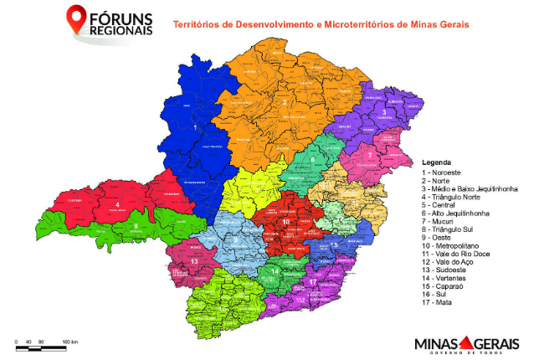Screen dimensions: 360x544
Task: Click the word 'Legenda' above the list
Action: (437, 162)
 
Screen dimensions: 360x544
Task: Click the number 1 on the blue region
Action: (194, 130)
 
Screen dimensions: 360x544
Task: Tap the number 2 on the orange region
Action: (285, 102)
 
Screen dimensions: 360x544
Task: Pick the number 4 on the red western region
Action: (117, 204)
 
